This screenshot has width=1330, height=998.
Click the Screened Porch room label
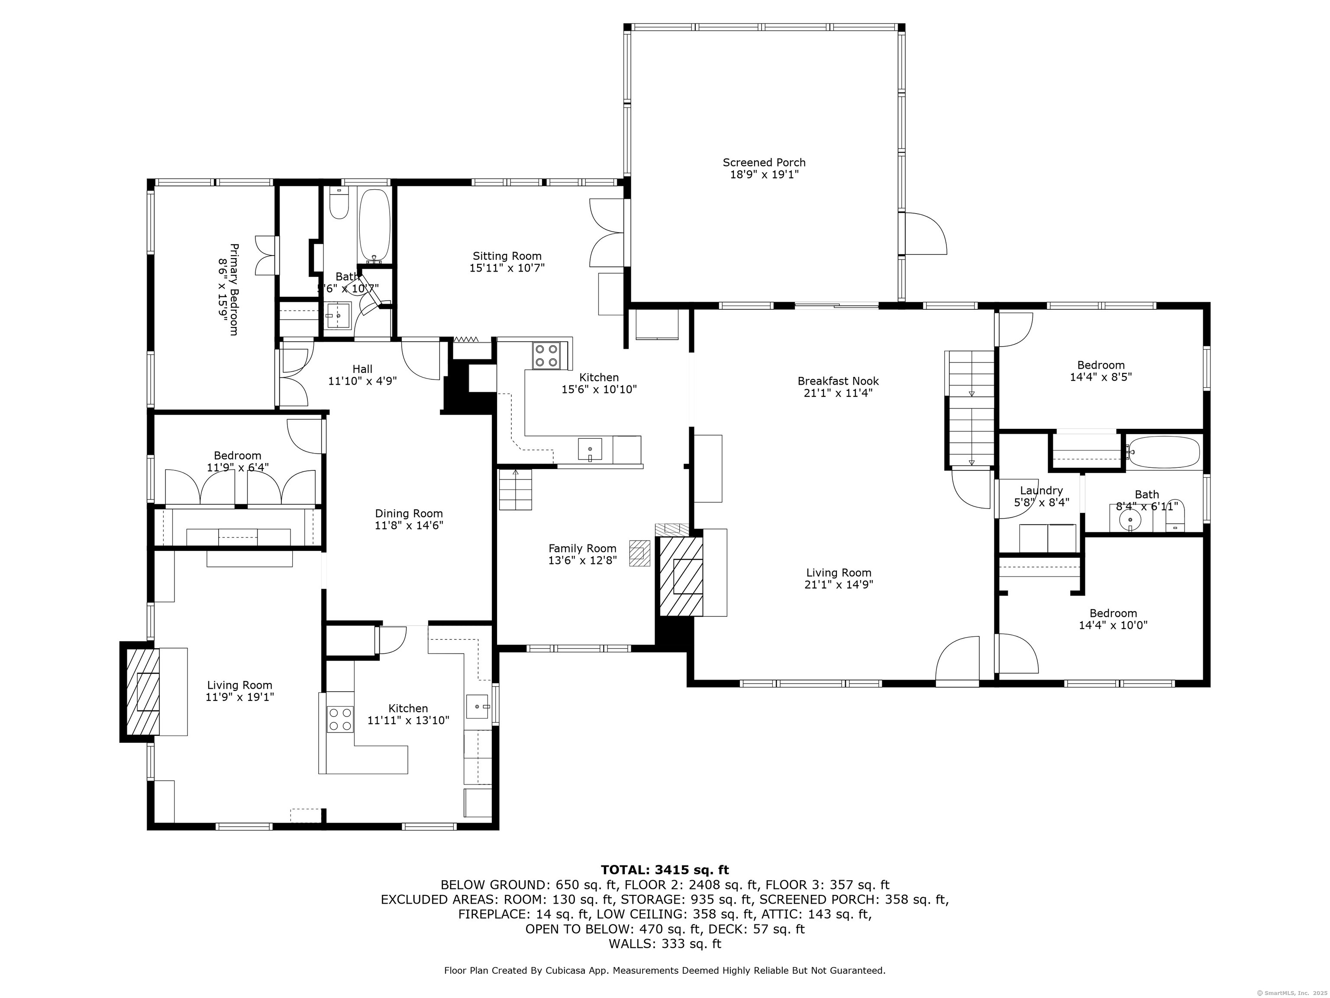(764, 162)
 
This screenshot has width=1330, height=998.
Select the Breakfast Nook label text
(838, 381)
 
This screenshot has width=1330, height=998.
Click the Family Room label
(582, 548)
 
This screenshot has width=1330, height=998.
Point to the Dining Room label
(409, 513)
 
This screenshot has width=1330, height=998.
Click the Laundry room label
(1041, 490)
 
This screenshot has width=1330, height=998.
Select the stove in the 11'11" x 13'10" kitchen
(339, 719)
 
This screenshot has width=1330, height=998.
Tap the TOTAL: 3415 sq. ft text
(665, 870)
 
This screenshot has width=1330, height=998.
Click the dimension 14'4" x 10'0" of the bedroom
(1113, 625)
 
